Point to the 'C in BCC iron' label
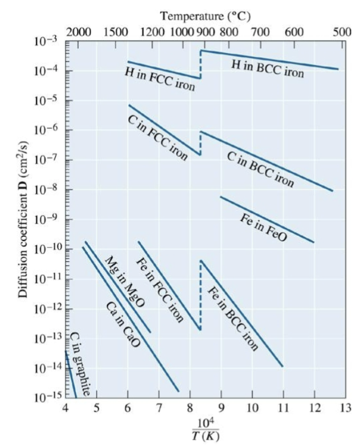click(x=261, y=169)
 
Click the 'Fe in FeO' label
click(x=263, y=227)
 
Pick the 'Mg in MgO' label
click(x=125, y=283)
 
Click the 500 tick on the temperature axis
click(x=342, y=31)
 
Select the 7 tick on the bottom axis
click(x=158, y=407)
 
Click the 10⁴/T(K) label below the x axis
click(x=205, y=429)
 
